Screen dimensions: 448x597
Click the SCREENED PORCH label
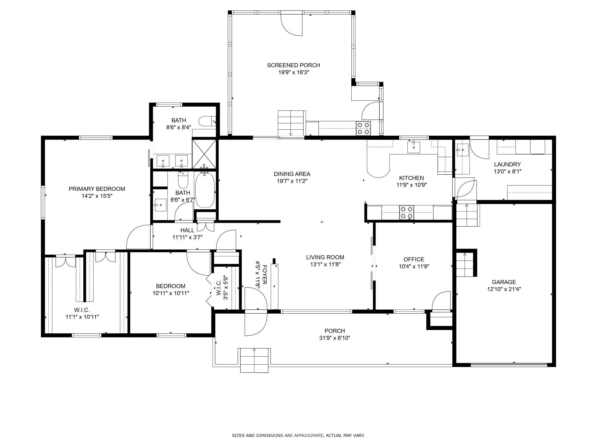pos(293,65)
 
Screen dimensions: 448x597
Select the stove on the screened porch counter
pos(363,128)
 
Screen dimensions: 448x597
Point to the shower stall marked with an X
pos(204,154)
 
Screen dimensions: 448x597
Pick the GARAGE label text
pos(504,282)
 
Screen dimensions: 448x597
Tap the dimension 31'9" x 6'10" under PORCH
pos(335,338)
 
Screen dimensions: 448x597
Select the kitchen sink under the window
pos(414,147)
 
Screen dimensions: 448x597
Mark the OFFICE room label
pos(414,259)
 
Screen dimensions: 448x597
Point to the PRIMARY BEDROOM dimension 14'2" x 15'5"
pos(97,196)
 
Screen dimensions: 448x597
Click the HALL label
pos(187,230)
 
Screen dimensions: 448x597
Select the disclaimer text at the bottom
pos(298,435)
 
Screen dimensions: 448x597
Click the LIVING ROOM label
pos(325,257)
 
